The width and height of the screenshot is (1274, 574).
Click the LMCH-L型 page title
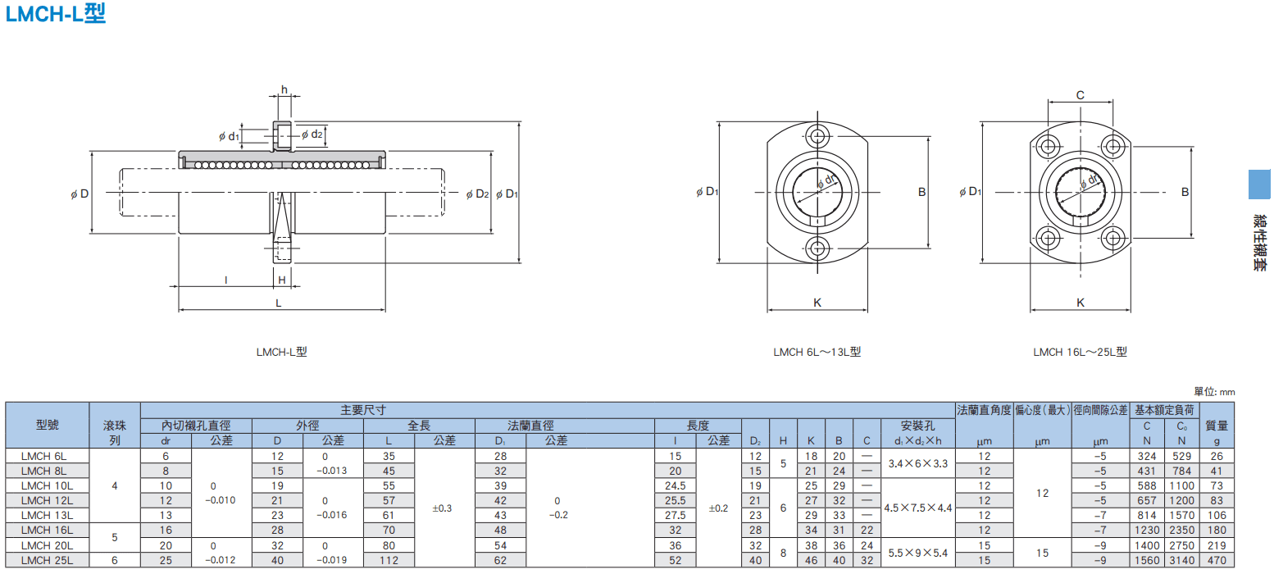[x=55, y=13]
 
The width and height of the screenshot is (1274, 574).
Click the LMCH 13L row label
[x=48, y=516]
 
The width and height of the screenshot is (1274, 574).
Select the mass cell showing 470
[x=1217, y=560]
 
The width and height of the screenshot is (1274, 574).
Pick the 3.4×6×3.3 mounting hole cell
[x=918, y=463]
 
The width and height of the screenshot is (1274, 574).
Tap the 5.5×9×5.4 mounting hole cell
[x=918, y=553]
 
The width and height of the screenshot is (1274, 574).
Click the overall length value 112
[x=389, y=560]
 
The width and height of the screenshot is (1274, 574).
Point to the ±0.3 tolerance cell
[x=442, y=508]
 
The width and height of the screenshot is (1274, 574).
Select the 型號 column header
[x=48, y=425]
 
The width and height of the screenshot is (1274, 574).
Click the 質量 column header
[x=1217, y=426]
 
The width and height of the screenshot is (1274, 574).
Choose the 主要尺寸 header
[x=363, y=410]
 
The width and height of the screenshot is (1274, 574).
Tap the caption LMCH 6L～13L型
[x=817, y=352]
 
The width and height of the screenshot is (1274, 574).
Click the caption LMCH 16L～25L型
[x=1080, y=352]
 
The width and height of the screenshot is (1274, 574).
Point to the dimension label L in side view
[x=279, y=303]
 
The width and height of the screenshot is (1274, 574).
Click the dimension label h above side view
[x=284, y=90]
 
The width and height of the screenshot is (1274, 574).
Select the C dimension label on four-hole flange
[x=1080, y=95]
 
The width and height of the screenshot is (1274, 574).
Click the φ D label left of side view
[x=80, y=194]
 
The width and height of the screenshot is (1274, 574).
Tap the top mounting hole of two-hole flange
[x=818, y=137]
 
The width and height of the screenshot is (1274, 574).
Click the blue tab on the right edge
[x=1259, y=184]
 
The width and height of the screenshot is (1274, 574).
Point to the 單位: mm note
[x=1214, y=392]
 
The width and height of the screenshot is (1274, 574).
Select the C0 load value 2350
[x=1181, y=531]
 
